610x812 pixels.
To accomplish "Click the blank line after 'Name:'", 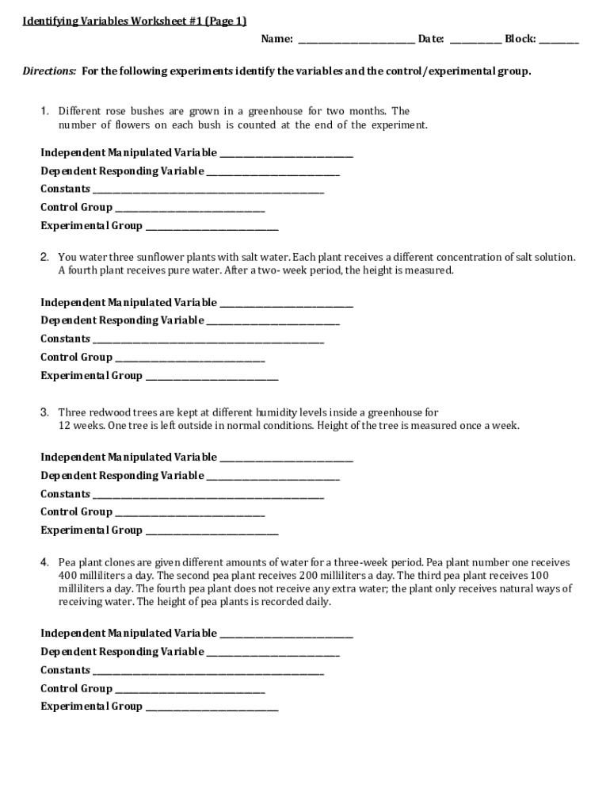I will pos(356,39).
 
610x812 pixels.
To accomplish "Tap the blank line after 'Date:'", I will pos(475,39).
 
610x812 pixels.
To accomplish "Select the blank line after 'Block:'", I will pos(559,39).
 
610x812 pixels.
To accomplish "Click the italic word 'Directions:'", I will pos(49,71).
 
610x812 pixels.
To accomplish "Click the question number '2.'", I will pos(45,257).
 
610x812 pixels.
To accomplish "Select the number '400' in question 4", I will pos(67,575).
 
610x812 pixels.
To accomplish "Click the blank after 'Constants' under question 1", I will pos(208,190).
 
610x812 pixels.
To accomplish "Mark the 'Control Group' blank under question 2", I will pos(190,358).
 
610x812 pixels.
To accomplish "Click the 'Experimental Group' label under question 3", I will pos(92,530).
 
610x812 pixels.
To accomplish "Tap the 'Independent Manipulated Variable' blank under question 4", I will pos(286,634).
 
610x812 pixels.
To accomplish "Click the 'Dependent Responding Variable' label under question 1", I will pos(122,171).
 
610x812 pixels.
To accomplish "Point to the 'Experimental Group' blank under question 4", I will pos(212,707).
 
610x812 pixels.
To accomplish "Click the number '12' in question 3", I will pos(65,426).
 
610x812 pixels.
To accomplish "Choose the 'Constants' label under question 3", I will pos(65,494).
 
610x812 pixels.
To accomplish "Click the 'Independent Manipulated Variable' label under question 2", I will pos(128,303).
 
